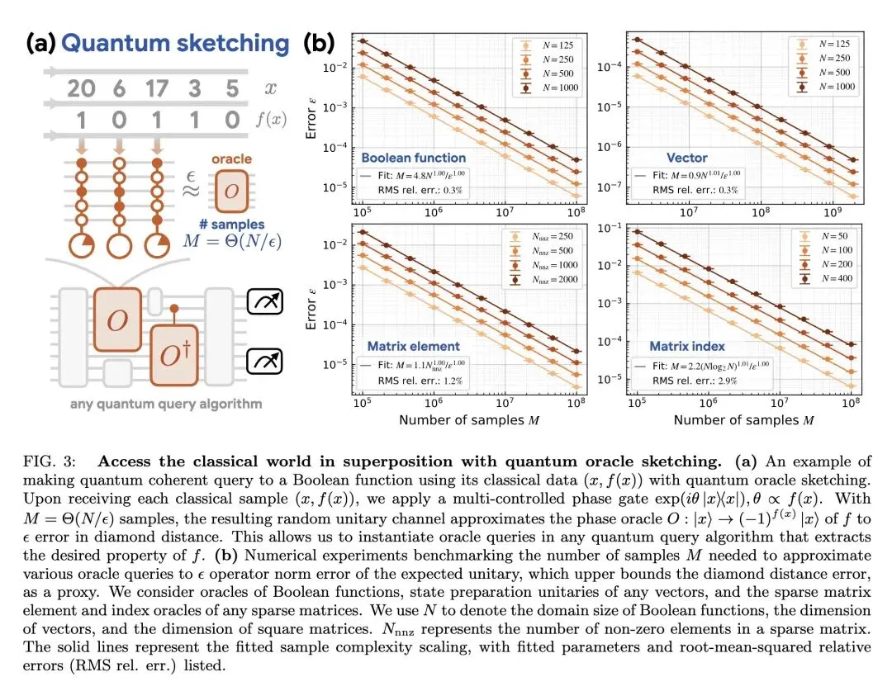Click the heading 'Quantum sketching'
click(x=175, y=44)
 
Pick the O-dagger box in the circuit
click(x=175, y=355)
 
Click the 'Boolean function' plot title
click(x=413, y=157)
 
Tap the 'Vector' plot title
click(x=687, y=157)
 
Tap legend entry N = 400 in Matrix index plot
click(x=828, y=280)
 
